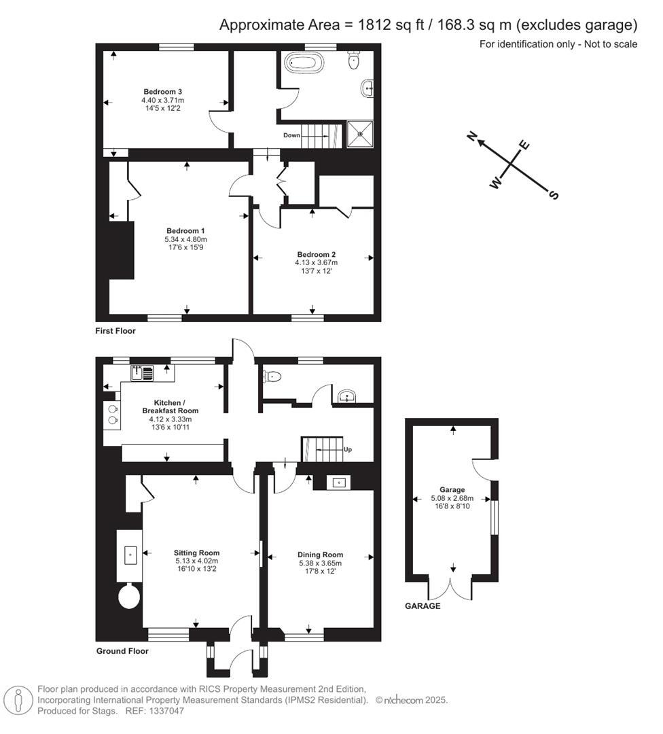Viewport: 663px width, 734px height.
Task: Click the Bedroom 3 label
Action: pyautogui.click(x=162, y=92)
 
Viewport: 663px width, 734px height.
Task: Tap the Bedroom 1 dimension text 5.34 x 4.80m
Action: pyautogui.click(x=185, y=240)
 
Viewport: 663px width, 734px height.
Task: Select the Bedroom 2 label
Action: pyautogui.click(x=316, y=254)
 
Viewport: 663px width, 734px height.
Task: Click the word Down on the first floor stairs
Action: pyautogui.click(x=292, y=135)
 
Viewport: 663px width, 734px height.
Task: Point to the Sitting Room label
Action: pyautogui.click(x=196, y=553)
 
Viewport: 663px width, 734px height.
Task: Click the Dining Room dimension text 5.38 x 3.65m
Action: pyautogui.click(x=320, y=563)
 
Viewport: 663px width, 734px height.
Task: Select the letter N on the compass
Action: pyautogui.click(x=471, y=137)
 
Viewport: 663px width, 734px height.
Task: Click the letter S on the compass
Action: pyautogui.click(x=554, y=195)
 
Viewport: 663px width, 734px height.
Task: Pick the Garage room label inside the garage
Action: pyautogui.click(x=452, y=490)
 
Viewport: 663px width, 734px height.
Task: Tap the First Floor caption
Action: pyautogui.click(x=115, y=331)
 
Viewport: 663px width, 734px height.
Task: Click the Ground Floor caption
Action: pyautogui.click(x=122, y=651)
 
